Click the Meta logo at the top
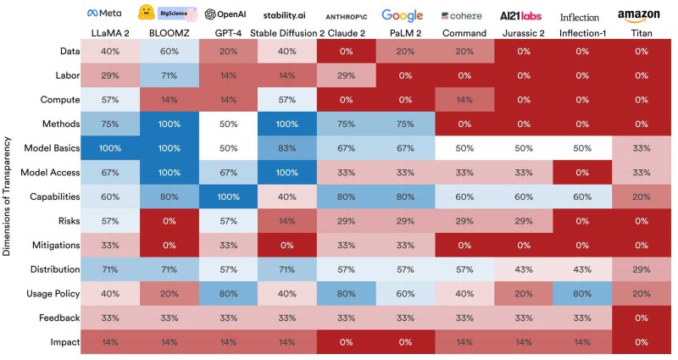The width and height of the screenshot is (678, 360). coord(104,14)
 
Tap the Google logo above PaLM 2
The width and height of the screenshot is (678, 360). coord(402,14)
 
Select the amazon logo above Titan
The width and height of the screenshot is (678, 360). coord(638,14)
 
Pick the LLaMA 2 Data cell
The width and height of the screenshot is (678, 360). coord(108,52)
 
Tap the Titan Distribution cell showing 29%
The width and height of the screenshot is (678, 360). coord(639,269)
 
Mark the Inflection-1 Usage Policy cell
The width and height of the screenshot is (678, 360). coord(580,294)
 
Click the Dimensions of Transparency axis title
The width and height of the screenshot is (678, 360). coord(9,197)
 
